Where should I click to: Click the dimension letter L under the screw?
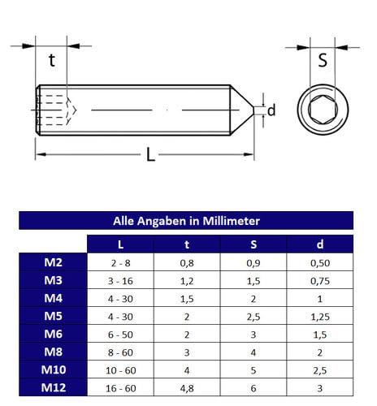tap(150, 154)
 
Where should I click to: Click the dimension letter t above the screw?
tap(52, 60)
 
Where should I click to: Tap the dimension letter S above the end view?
tap(322, 59)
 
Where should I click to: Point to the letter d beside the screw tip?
tap(271, 110)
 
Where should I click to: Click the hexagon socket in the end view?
tap(321, 109)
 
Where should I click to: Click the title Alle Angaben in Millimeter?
tap(186, 220)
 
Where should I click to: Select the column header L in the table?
tap(120, 244)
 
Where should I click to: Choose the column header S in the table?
tap(253, 244)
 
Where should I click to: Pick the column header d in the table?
tap(320, 244)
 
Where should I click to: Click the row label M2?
tap(53, 262)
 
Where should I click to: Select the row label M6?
tap(53, 334)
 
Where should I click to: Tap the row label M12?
tap(53, 387)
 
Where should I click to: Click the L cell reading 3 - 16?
tap(120, 280)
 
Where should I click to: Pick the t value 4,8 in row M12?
tap(187, 387)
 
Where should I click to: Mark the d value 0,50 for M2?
tap(320, 262)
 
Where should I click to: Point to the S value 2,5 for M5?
tap(253, 316)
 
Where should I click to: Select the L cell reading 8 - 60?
tap(120, 352)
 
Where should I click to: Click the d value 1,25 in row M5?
tap(320, 316)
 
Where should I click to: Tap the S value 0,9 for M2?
tap(253, 262)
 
